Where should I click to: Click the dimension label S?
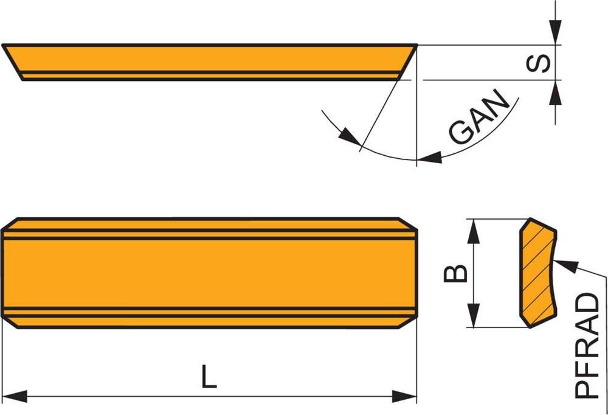(x=537, y=63)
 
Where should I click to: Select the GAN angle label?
(x=480, y=117)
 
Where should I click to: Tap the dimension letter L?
(x=209, y=377)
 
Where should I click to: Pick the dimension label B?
(x=456, y=273)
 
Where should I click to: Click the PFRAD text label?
(x=587, y=346)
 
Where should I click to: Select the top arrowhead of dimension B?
(x=474, y=230)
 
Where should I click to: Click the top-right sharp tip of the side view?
(x=416, y=46)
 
